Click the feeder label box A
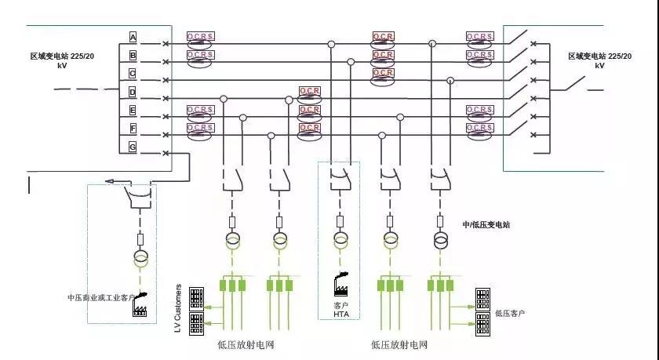133,38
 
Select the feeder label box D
133,92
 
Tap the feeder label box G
133,146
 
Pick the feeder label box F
133,128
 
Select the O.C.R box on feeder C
383,73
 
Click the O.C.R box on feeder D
309,92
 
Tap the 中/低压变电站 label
486,224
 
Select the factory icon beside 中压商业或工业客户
141,304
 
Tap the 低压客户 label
510,314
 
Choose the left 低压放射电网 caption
246,344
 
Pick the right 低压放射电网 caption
399,344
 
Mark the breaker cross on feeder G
166,153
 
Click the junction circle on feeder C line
450,80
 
